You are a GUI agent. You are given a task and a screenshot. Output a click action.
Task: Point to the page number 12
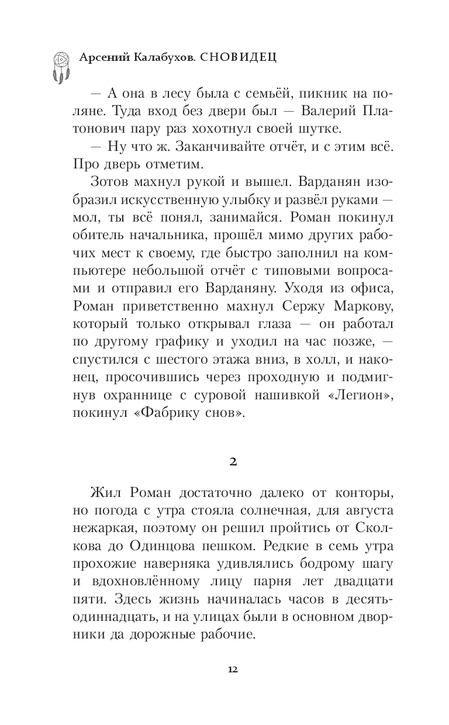233,669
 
